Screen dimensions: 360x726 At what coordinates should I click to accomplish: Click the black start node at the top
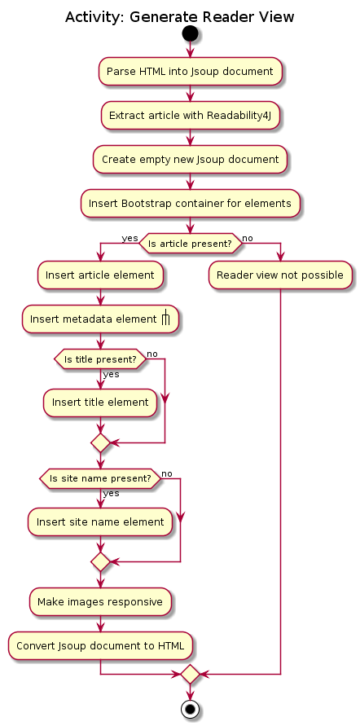(190, 33)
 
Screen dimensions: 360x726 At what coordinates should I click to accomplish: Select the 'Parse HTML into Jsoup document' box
(190, 72)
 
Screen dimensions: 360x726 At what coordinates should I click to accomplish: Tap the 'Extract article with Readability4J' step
(190, 115)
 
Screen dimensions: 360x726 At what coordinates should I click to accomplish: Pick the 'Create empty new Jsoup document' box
(190, 159)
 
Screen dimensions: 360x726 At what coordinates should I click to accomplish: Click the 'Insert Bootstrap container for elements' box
(190, 203)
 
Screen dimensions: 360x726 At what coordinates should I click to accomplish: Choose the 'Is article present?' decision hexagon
(190, 244)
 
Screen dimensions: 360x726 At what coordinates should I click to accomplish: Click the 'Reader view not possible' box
(280, 275)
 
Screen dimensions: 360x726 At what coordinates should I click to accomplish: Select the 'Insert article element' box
(100, 275)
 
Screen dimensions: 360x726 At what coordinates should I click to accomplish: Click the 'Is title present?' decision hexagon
(100, 359)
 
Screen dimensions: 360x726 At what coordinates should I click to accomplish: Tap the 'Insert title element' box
(100, 403)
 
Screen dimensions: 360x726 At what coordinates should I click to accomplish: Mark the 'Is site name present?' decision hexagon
(100, 478)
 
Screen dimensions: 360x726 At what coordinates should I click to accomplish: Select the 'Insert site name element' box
(100, 522)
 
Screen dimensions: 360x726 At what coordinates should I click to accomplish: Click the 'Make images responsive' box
(100, 602)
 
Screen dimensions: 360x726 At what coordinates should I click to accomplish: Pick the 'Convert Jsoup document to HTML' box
(100, 645)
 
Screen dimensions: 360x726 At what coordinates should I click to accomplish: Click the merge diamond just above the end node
(190, 674)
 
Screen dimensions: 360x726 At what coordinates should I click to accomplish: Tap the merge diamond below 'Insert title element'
(100, 443)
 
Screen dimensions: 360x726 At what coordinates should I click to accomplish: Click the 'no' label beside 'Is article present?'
(248, 238)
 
